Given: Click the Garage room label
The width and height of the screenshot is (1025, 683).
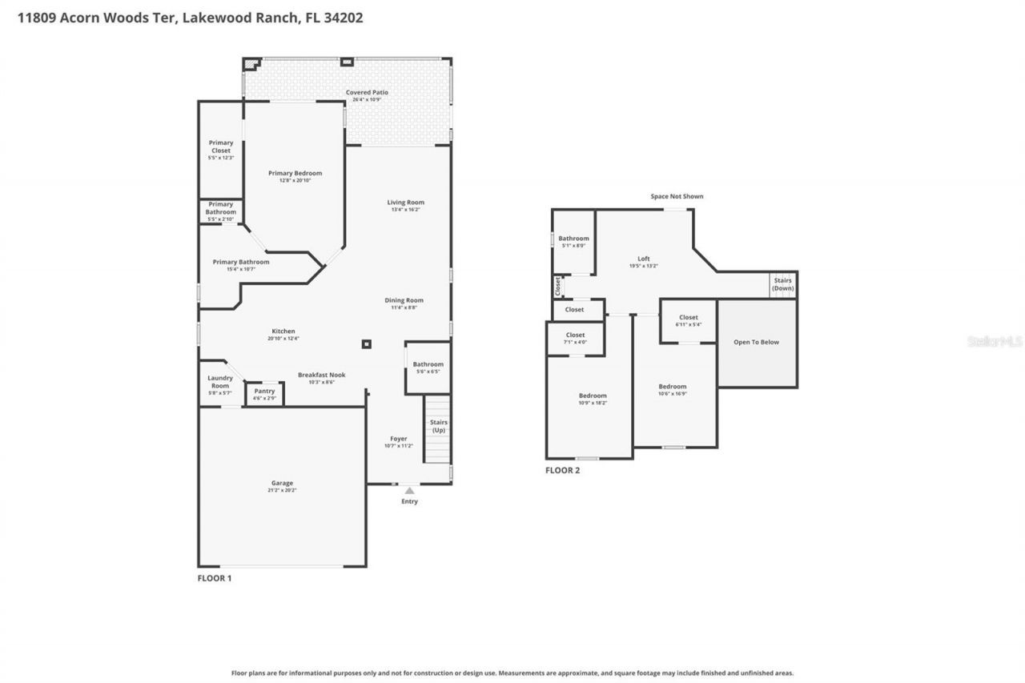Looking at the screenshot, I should click(282, 483).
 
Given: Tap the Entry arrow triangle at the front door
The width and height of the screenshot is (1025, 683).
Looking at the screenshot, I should click(409, 490).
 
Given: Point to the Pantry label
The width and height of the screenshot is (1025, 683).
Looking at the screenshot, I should click(264, 391).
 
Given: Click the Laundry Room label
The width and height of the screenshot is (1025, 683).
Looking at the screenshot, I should click(219, 382).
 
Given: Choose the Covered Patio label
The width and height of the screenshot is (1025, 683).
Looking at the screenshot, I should click(367, 92).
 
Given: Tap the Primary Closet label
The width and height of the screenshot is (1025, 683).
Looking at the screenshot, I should click(221, 147).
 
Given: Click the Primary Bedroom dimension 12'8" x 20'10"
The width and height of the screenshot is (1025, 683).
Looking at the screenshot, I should click(295, 181).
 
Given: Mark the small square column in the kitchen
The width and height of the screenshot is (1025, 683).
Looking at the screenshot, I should click(367, 344).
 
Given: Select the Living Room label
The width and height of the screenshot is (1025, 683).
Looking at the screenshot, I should click(405, 203).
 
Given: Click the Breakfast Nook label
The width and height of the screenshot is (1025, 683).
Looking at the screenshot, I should click(321, 375).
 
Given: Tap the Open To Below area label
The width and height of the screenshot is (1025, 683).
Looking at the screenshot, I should click(756, 342).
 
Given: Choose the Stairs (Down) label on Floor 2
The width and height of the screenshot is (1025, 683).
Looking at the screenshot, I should click(782, 284).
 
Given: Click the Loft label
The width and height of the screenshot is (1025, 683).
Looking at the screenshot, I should click(643, 259).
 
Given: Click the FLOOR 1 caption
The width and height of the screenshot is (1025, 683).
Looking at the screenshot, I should click(215, 577).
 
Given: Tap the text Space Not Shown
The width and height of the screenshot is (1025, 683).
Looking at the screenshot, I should click(677, 196).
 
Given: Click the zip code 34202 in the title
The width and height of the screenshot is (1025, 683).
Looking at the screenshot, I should click(344, 17).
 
